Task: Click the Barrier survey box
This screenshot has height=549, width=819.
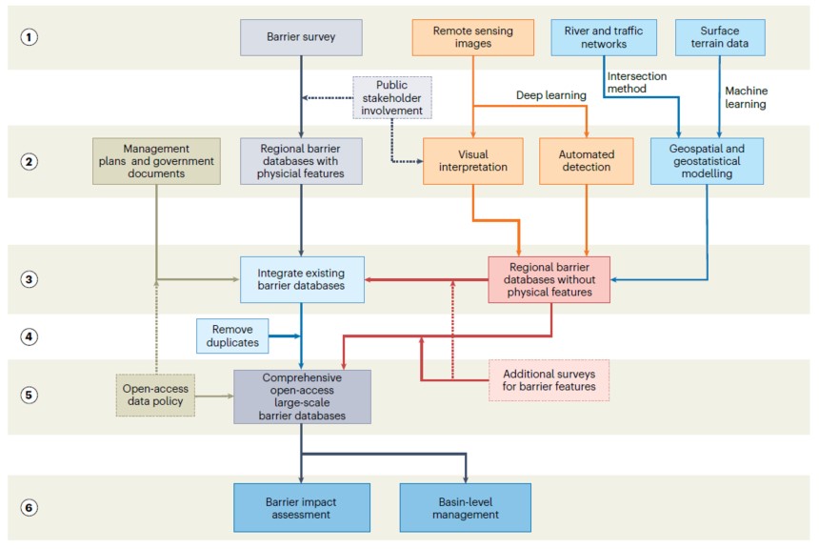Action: point(301,37)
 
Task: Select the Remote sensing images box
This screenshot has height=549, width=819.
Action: point(472,37)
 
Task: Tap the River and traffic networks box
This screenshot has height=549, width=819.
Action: point(604,37)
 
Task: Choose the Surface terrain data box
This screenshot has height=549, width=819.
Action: point(720,37)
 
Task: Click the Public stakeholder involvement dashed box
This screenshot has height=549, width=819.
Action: point(392,98)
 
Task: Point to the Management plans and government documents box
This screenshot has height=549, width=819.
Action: point(156,161)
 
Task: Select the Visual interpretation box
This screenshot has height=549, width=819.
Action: point(472,161)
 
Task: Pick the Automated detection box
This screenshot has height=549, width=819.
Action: point(587,161)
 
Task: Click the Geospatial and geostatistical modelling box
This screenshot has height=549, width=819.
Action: point(707,161)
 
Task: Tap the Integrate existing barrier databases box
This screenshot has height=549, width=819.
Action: point(302,279)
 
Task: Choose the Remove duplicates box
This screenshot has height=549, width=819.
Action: point(232,336)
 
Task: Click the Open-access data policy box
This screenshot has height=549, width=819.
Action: point(155,396)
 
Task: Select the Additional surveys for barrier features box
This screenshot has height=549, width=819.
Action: point(549,380)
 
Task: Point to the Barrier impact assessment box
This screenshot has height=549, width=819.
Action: point(301,508)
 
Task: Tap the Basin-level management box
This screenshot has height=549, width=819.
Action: point(466,508)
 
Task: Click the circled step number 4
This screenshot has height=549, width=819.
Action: point(29,336)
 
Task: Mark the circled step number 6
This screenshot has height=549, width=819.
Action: point(29,507)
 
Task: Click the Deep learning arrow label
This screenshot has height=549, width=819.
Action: point(551,95)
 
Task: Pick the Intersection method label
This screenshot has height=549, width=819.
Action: point(637,83)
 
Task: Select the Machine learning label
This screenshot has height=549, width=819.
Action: point(746,97)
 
